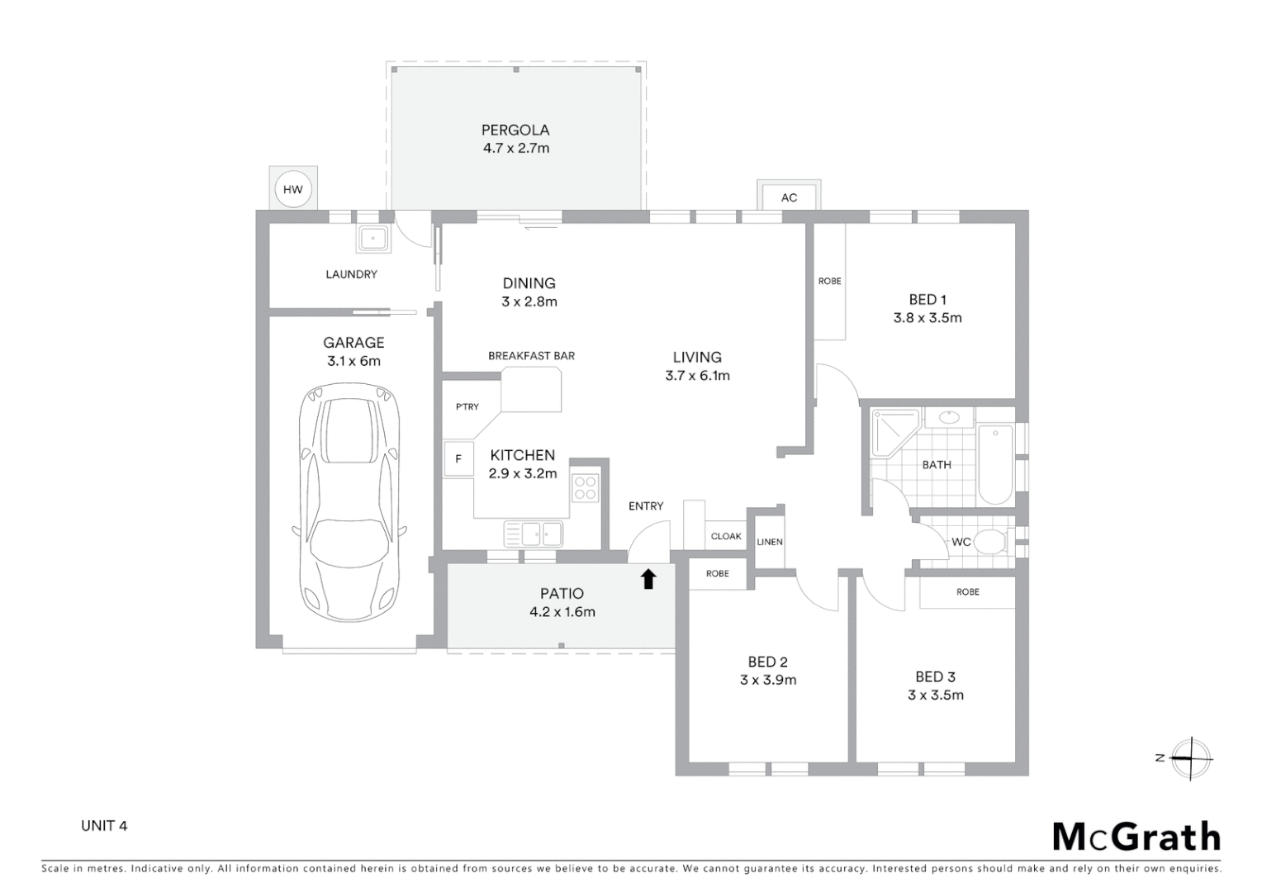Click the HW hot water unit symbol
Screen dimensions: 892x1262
[292, 189]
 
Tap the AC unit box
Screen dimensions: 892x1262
[789, 197]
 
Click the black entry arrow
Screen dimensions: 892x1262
[648, 579]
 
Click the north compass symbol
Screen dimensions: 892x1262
[1190, 758]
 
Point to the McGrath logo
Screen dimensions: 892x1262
[1136, 837]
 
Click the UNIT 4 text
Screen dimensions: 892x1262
[104, 825]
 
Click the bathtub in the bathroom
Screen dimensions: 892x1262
[995, 464]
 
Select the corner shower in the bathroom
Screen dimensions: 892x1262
[894, 434]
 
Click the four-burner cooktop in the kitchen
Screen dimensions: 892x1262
[585, 488]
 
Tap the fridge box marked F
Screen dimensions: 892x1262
[458, 458]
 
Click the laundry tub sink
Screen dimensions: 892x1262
[373, 239]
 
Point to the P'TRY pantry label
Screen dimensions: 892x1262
[467, 406]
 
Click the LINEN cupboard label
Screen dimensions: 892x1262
[769, 542]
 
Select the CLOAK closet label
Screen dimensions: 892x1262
[726, 536]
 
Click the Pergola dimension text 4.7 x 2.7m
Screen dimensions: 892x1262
[515, 148]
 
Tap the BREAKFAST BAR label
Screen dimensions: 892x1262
[531, 356]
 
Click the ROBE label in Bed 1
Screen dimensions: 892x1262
[829, 281]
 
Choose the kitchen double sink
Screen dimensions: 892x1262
[534, 534]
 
